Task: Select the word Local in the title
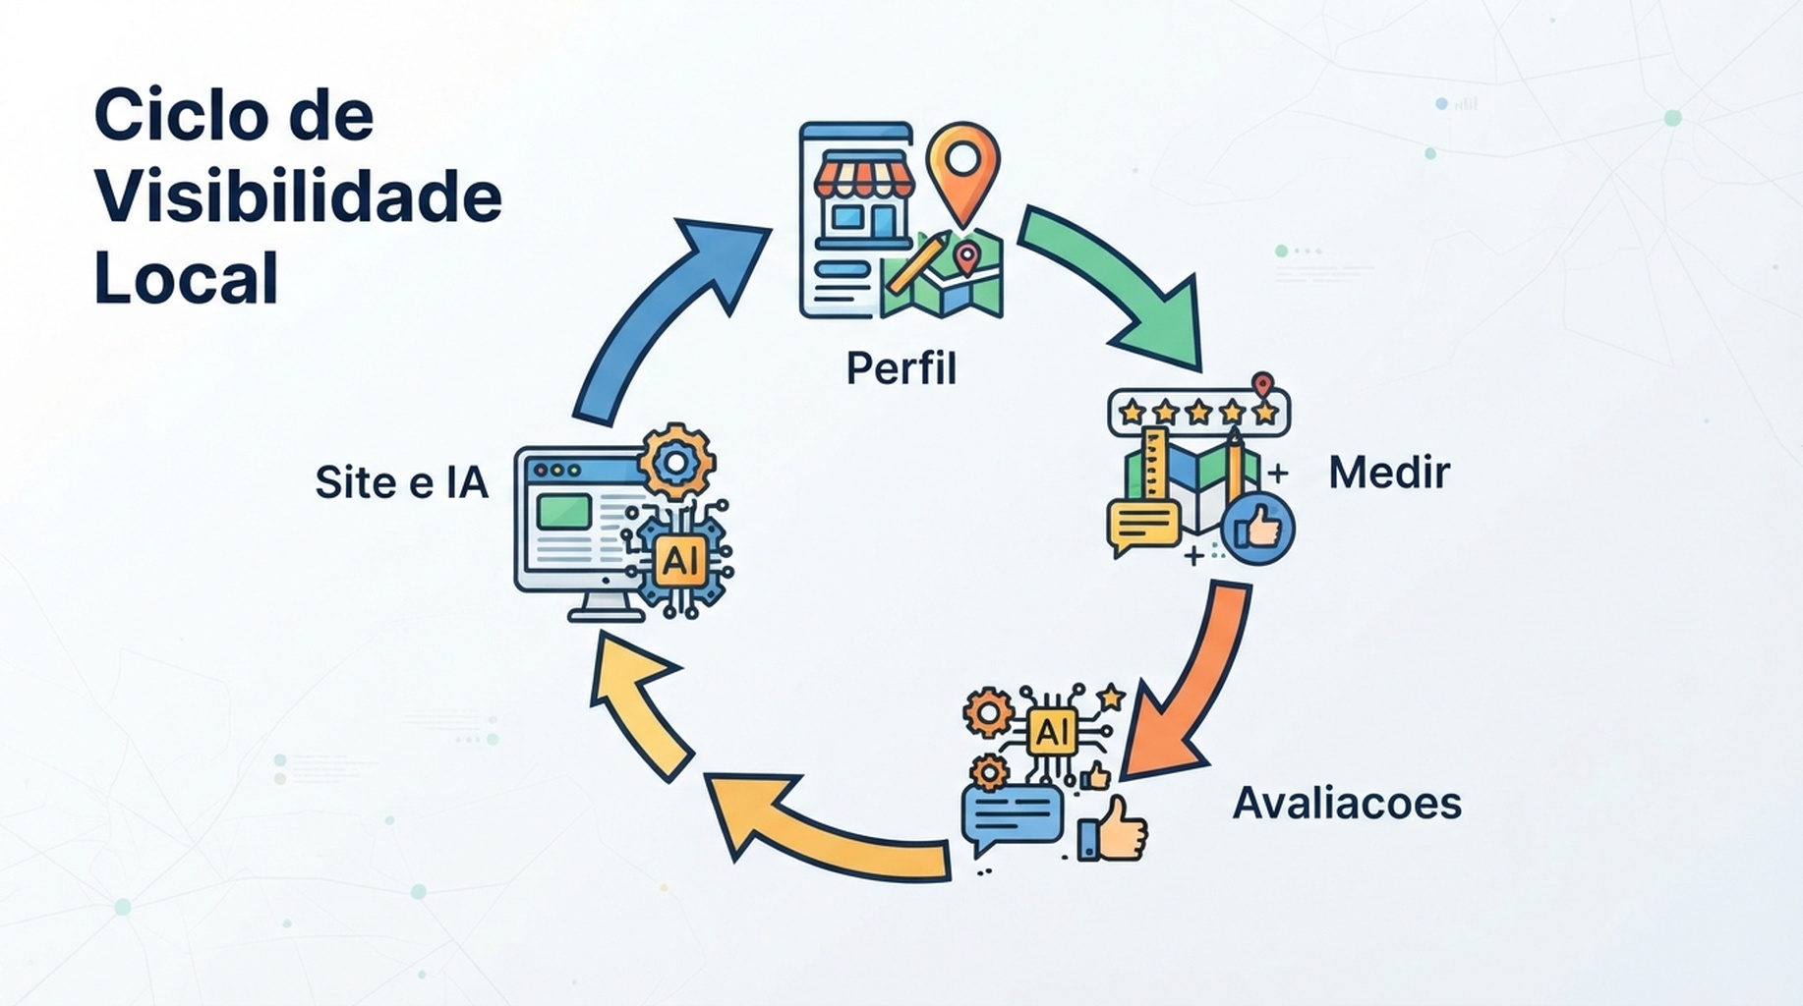point(186,277)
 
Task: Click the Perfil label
point(901,369)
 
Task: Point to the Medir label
point(1388,473)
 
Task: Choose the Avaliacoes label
point(1347,803)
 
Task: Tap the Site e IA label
point(401,482)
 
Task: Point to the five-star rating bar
point(1198,412)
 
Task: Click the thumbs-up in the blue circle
point(1257,529)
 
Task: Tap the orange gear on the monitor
point(676,461)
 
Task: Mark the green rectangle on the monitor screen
point(564,511)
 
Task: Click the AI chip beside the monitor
point(680,560)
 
